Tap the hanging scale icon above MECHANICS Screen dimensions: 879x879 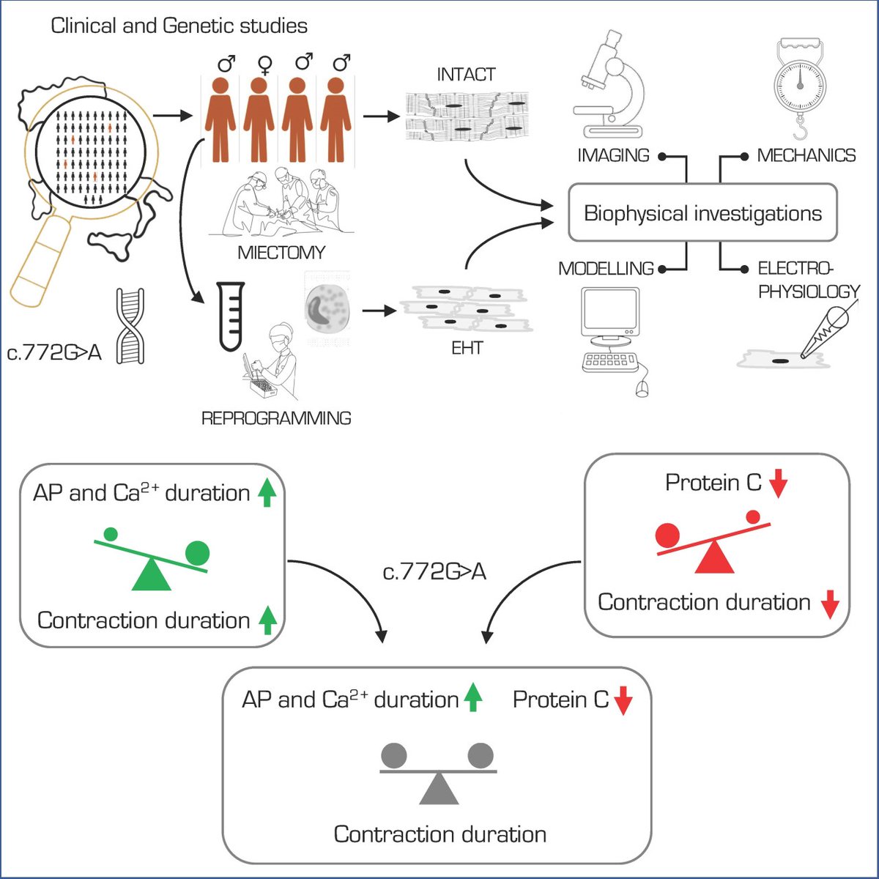point(800,88)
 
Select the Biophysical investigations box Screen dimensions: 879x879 point(702,213)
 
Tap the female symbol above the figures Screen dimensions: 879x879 point(264,66)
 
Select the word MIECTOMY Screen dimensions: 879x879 point(281,253)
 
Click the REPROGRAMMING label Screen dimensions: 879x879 point(276,418)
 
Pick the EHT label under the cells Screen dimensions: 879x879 point(467,348)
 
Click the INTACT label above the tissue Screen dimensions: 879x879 point(466,75)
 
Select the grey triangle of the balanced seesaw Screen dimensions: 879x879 point(439,789)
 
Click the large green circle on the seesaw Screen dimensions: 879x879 point(197,552)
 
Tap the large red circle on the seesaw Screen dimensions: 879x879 point(667,535)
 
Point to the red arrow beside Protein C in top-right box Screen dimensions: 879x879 point(778,484)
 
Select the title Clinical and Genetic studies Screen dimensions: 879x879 point(179,26)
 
